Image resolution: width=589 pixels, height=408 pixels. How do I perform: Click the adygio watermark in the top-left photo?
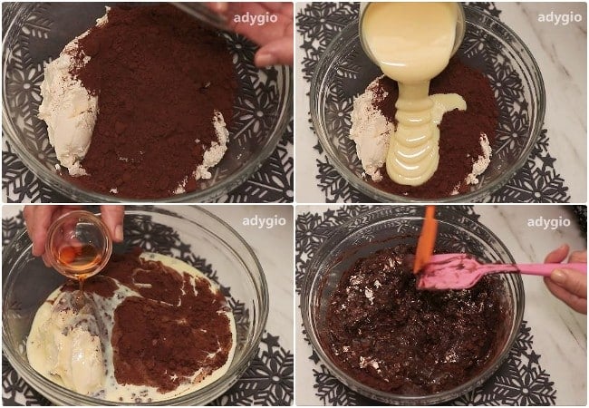coord(256,17)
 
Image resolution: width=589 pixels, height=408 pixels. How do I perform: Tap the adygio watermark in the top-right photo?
coord(559,17)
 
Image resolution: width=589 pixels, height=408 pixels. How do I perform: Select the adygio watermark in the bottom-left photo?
coord(263,221)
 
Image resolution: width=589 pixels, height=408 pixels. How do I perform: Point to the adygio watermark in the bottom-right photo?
coord(548,221)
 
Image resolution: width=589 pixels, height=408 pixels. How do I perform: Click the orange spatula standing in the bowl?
coord(424,240)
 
